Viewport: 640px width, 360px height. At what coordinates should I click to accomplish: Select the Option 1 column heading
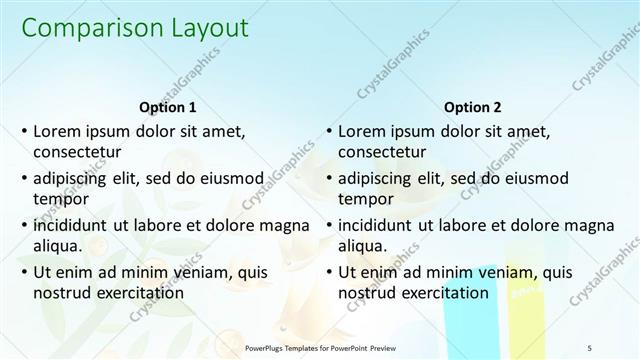(166, 107)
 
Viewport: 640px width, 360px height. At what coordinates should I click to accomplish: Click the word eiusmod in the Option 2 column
(533, 178)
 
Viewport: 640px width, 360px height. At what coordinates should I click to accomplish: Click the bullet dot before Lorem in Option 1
(24, 131)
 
